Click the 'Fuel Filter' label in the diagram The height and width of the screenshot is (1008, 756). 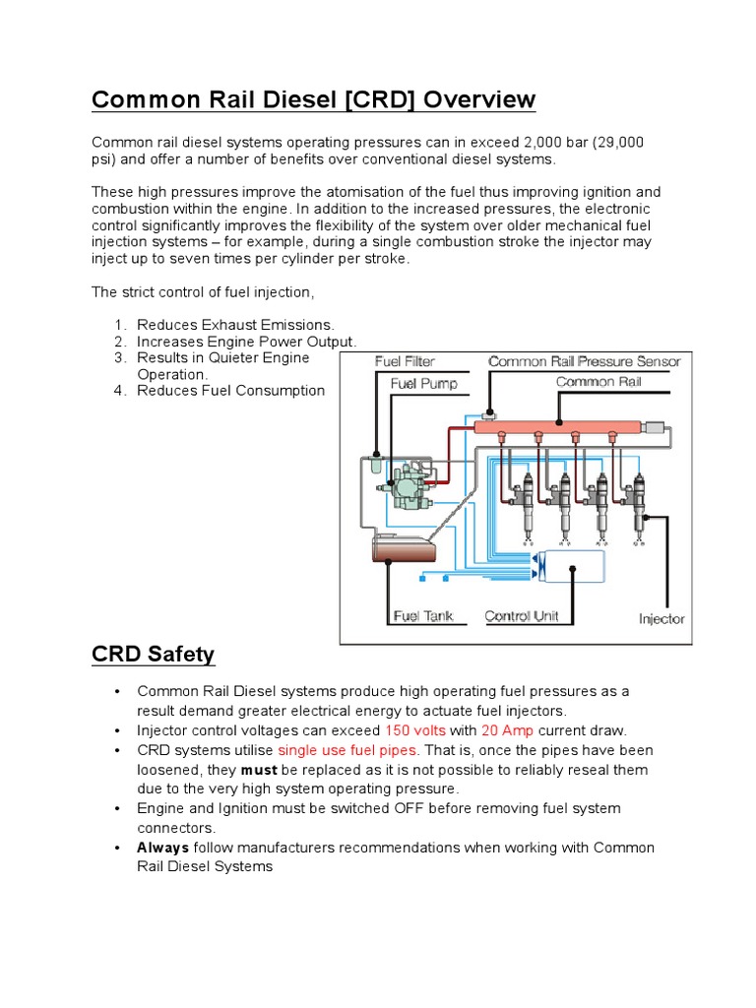(x=405, y=362)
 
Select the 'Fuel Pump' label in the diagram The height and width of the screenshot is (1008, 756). (x=423, y=383)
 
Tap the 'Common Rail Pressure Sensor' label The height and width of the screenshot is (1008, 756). (x=584, y=361)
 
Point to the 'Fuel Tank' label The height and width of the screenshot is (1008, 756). (x=423, y=616)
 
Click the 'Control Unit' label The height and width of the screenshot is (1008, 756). (x=522, y=616)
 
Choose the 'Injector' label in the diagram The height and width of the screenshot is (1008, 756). (x=661, y=619)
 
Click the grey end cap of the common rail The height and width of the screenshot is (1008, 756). (x=654, y=426)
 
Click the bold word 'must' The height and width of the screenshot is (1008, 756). (x=259, y=770)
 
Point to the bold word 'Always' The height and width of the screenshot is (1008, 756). (x=162, y=848)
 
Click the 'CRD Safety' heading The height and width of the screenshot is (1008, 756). (x=153, y=654)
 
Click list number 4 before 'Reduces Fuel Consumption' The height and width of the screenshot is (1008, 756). (x=118, y=391)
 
